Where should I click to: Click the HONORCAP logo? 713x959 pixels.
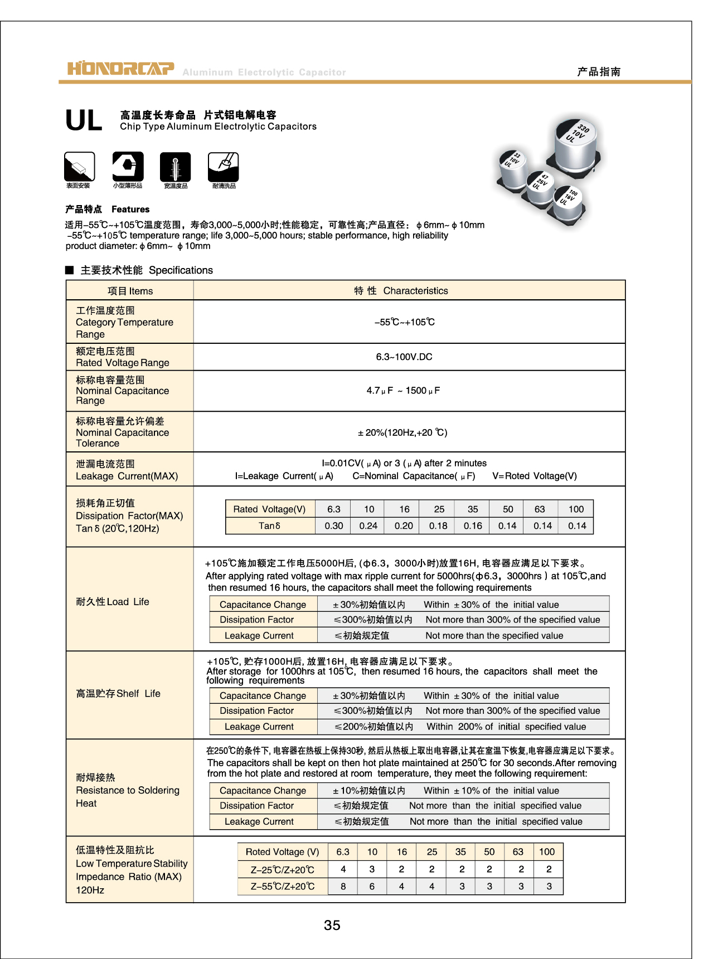[x=120, y=69]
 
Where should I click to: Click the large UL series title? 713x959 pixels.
[x=84, y=120]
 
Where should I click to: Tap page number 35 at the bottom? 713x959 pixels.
[x=332, y=925]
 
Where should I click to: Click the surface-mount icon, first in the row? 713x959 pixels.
[x=79, y=167]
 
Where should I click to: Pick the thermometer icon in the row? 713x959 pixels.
[x=176, y=167]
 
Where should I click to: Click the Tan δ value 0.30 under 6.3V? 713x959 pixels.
[x=333, y=525]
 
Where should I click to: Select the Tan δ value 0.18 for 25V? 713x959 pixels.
[x=438, y=525]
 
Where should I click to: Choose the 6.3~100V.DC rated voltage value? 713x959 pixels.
[x=404, y=357]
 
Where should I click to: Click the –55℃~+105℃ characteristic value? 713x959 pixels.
[x=404, y=322]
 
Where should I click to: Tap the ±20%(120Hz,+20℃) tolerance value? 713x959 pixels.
[x=402, y=432]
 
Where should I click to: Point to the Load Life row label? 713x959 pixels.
[x=113, y=602]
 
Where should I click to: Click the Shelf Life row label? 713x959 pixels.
[x=118, y=694]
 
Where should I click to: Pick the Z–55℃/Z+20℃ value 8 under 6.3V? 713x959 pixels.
[x=343, y=887]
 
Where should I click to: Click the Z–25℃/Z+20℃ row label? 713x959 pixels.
[x=283, y=870]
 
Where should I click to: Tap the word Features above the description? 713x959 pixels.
[x=130, y=210]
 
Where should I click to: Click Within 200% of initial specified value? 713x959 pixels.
[x=506, y=727]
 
